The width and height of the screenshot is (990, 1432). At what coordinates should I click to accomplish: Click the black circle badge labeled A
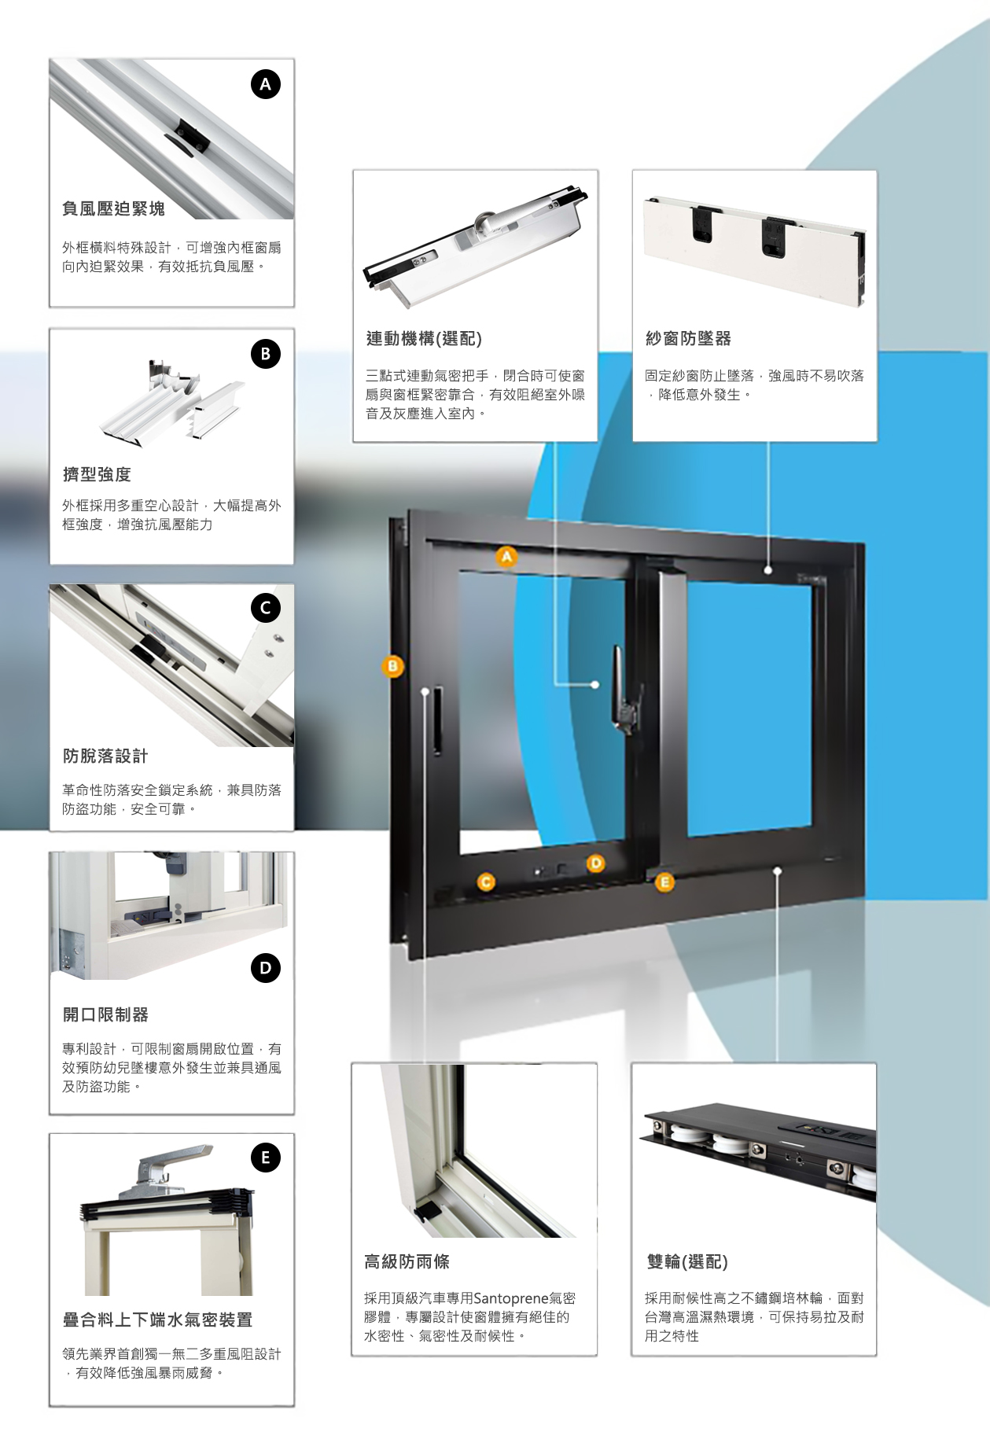tap(265, 84)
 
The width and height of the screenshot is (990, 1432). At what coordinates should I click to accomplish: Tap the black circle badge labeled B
tap(265, 354)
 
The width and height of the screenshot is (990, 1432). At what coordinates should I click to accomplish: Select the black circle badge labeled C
tap(265, 607)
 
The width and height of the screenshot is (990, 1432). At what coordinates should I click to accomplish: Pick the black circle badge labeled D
tap(265, 968)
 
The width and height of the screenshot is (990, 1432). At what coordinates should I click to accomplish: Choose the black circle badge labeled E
tap(265, 1158)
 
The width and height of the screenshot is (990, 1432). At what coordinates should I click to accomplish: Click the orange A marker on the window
tap(507, 557)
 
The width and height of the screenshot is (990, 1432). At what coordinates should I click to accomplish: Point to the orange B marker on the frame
tap(392, 667)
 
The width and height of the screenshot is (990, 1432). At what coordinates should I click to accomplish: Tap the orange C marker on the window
tap(486, 882)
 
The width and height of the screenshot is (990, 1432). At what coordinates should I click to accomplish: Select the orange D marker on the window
tap(596, 863)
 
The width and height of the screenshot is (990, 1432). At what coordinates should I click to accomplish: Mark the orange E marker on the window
tap(664, 882)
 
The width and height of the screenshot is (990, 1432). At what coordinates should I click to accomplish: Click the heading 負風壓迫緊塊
tap(114, 208)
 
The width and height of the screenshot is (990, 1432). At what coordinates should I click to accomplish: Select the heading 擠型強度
tap(97, 474)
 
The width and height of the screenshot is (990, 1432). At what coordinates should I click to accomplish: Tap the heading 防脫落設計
tap(105, 756)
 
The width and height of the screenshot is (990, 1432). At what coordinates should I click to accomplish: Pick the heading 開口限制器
tap(105, 1014)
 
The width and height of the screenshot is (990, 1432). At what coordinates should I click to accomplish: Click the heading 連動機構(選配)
tap(424, 338)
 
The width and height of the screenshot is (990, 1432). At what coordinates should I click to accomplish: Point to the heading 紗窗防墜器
tap(688, 338)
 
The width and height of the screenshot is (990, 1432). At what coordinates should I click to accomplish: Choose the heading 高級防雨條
tap(407, 1261)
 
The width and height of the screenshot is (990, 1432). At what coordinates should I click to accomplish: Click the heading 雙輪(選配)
tap(686, 1261)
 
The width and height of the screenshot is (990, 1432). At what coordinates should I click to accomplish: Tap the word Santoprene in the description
tap(510, 1298)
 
